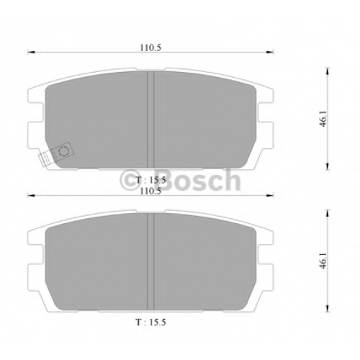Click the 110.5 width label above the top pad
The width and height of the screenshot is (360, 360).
click(150, 48)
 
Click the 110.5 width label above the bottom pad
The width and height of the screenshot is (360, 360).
click(150, 192)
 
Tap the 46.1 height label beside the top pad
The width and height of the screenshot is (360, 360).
click(324, 119)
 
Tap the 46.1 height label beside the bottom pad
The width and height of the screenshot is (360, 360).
click(324, 261)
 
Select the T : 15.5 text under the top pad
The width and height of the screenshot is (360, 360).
click(150, 180)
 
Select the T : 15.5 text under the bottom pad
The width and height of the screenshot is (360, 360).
click(150, 323)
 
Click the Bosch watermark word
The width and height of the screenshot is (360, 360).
click(199, 180)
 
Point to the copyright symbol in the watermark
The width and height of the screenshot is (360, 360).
click(130, 181)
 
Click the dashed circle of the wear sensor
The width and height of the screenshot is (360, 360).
click(64, 151)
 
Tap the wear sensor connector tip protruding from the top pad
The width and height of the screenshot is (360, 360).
click(45, 159)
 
